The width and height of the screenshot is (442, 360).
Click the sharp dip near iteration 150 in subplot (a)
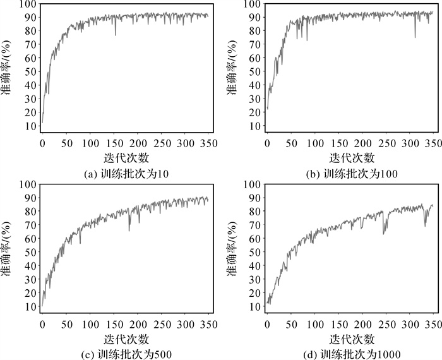[115, 35]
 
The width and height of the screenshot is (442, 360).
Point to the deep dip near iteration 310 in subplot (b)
[415, 37]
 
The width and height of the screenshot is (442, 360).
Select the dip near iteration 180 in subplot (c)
[129, 230]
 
